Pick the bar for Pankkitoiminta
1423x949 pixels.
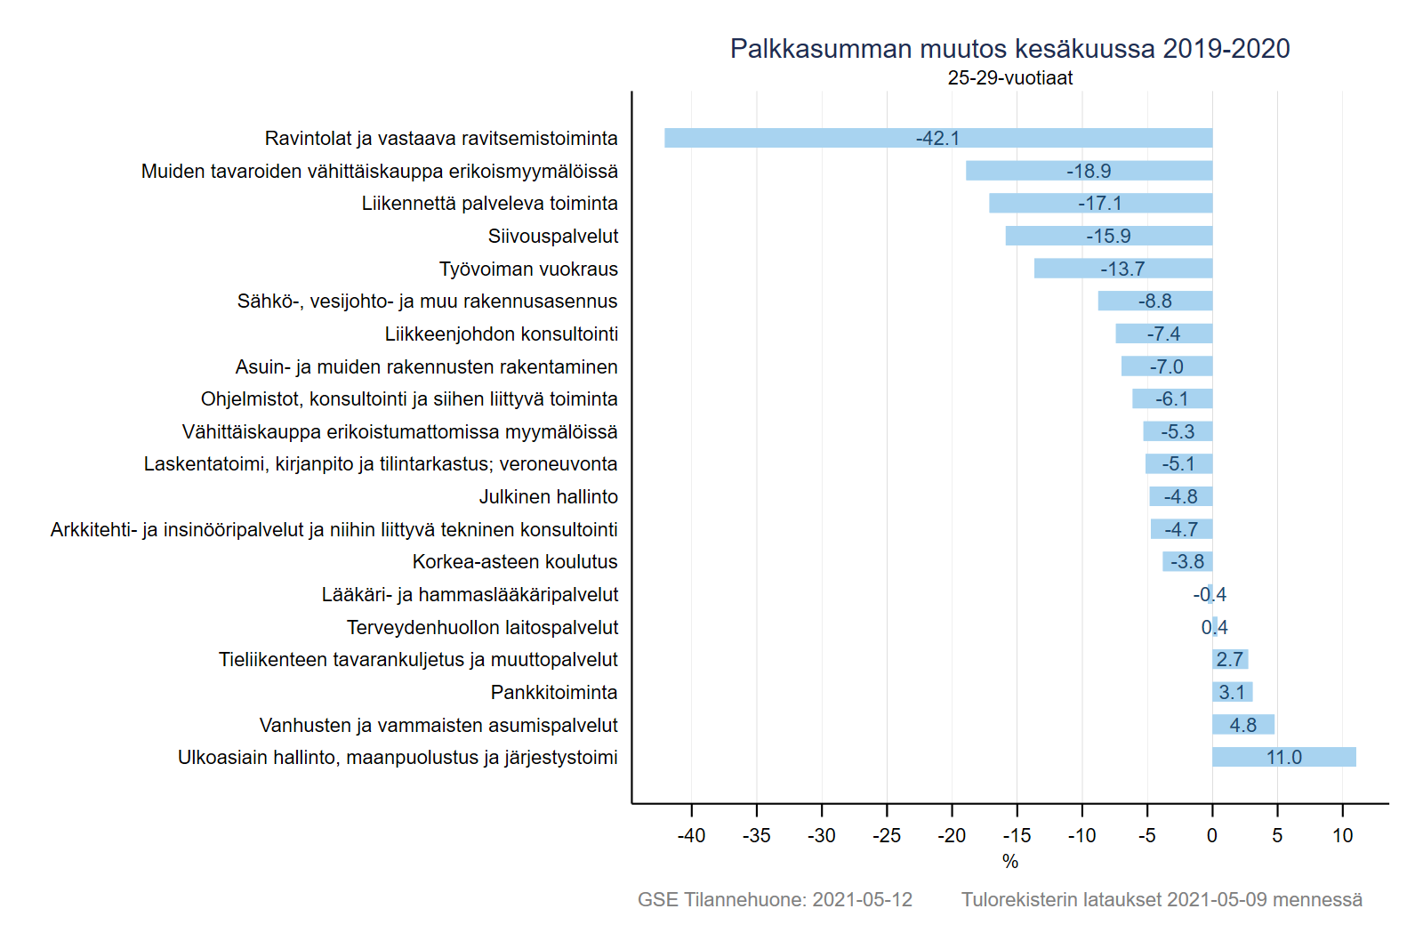click(x=1232, y=692)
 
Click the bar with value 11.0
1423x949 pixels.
click(x=1283, y=757)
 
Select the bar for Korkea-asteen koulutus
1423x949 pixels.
click(x=1186, y=562)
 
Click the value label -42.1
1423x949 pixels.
click(x=937, y=138)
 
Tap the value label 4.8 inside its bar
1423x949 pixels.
click(x=1242, y=725)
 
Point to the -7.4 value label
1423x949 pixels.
click(x=1163, y=334)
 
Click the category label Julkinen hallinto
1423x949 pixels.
click(x=548, y=496)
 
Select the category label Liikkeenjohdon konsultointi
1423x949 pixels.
click(x=501, y=334)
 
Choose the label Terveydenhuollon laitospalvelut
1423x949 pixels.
click(x=482, y=627)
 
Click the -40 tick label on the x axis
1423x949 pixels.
click(x=691, y=835)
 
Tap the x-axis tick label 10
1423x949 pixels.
click(x=1342, y=835)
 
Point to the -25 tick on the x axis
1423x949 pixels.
click(x=887, y=835)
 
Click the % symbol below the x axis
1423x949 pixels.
click(x=1009, y=861)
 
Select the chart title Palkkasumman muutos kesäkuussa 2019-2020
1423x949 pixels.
click(x=1009, y=48)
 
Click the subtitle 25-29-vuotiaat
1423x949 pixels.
click(x=1009, y=78)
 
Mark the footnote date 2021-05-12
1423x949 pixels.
click(x=862, y=899)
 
